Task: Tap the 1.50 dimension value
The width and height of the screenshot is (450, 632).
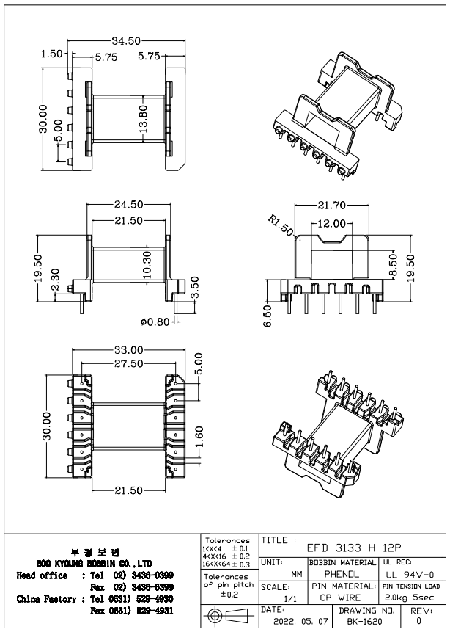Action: click(x=51, y=54)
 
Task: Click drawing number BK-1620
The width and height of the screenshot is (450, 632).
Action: click(x=367, y=622)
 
